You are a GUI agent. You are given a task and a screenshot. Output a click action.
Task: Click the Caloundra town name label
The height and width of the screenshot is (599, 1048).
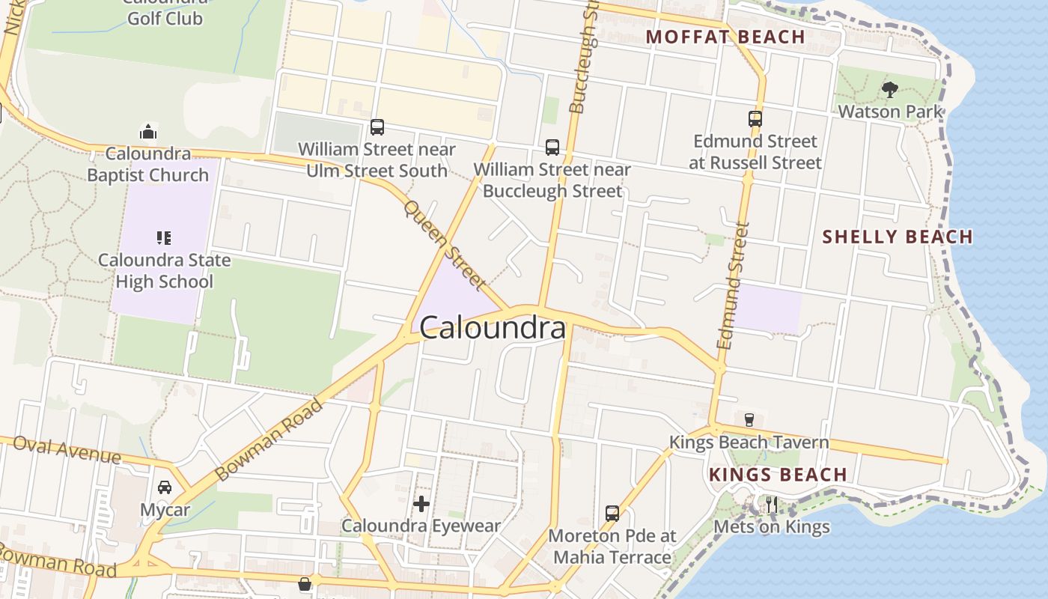[x=493, y=328]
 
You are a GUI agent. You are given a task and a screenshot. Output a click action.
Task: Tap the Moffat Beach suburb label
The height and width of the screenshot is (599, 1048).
[x=725, y=37]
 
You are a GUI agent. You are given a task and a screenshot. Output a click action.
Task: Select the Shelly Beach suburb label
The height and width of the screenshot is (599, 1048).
[x=898, y=237]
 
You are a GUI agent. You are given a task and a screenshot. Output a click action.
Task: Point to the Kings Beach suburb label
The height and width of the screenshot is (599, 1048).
[x=778, y=475]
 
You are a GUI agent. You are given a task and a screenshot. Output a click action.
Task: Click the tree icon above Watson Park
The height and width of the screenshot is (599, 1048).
[x=889, y=90]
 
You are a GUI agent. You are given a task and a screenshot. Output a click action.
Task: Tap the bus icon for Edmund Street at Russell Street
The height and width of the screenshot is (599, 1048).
[x=755, y=118]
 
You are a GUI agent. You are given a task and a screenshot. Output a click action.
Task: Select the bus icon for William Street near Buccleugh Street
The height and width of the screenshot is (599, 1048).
[x=552, y=147]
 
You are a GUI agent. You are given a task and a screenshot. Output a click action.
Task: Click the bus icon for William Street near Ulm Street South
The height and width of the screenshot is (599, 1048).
[x=377, y=127]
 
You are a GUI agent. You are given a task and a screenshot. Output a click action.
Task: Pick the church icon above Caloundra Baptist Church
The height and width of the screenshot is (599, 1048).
[x=148, y=133]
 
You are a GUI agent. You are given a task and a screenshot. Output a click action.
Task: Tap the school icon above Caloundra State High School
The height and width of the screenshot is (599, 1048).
[x=164, y=238]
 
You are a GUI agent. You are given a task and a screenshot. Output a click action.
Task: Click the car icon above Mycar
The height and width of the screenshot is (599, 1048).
[x=165, y=487]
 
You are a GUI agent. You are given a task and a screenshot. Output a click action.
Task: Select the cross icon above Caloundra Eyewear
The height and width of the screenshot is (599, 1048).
[x=421, y=504]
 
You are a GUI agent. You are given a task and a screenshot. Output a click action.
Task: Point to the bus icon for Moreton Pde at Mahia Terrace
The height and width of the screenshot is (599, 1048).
[x=612, y=514]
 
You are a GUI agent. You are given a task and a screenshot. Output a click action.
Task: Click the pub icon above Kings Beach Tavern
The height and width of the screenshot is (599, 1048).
[x=749, y=419]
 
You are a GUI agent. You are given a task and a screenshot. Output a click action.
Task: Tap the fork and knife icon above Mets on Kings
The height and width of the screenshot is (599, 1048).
[x=771, y=505]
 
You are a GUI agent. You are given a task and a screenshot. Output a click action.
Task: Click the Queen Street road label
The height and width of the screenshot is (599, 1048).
[x=445, y=244]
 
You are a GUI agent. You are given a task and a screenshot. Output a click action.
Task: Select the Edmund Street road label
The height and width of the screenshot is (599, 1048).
[x=732, y=286]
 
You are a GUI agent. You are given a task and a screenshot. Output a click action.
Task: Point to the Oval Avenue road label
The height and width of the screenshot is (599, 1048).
[x=67, y=450]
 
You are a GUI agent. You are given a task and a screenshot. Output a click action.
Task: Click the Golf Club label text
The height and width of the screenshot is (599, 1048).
[x=165, y=18]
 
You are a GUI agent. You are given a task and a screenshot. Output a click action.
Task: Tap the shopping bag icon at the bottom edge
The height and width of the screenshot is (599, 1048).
[x=305, y=584]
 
